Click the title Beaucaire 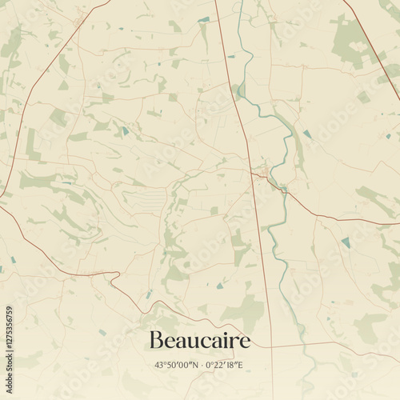point(200,341)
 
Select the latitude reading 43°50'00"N point(177,366)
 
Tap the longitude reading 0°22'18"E point(225,366)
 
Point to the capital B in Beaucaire point(156,341)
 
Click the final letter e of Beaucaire point(246,342)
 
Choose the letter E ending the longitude point(241,366)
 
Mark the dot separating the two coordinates point(201,366)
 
